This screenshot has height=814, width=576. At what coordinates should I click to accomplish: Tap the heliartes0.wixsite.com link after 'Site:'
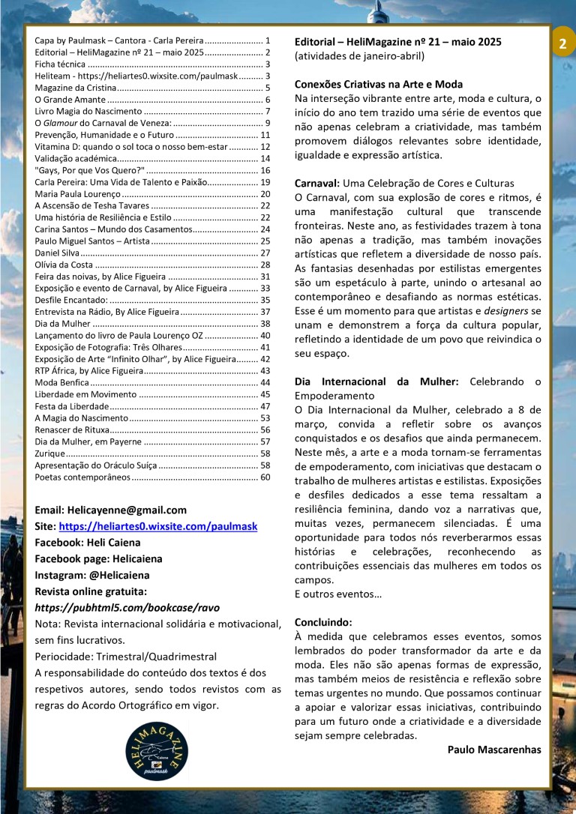pos(157,526)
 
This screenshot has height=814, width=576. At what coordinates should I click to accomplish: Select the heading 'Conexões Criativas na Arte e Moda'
pos(379,84)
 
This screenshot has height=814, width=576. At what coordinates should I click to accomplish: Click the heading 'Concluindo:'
pos(323,622)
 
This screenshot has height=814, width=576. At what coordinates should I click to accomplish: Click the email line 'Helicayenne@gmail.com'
pos(111,510)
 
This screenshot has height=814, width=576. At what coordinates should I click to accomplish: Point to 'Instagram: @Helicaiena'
pos(92,575)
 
